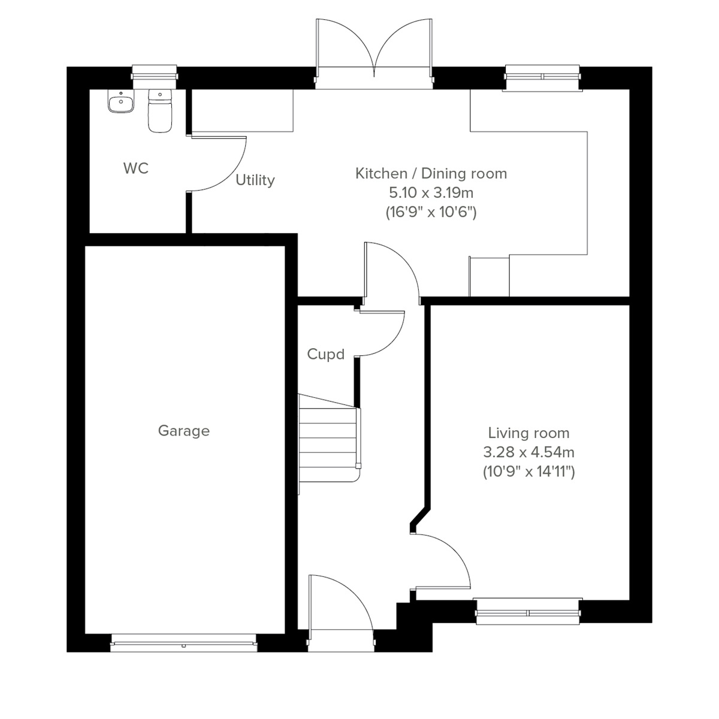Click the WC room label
(x=135, y=169)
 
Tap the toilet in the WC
(x=160, y=110)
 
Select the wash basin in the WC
(x=121, y=102)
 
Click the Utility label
(x=255, y=180)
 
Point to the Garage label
(x=183, y=431)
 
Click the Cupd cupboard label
(x=325, y=355)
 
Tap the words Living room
(x=528, y=433)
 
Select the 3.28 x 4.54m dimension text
(x=528, y=452)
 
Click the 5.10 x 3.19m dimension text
(x=431, y=193)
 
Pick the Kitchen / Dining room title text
(x=431, y=174)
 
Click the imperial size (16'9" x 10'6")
(x=431, y=212)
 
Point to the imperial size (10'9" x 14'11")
(x=528, y=472)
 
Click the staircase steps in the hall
(x=328, y=437)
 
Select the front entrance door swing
(x=339, y=602)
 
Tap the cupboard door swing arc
(x=383, y=336)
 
